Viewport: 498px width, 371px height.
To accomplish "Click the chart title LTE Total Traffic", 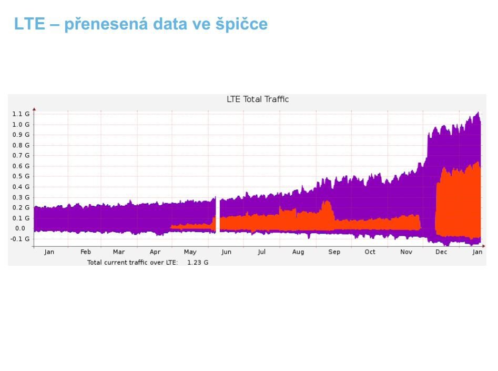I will point(258,99).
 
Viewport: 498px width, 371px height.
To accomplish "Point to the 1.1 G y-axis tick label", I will point(21,114).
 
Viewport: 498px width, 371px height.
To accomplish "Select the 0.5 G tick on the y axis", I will point(21,176).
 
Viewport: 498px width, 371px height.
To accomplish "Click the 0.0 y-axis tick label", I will point(20,228).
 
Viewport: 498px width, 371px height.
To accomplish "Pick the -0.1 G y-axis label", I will point(21,239).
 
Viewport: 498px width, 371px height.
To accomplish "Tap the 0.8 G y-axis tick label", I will point(21,145).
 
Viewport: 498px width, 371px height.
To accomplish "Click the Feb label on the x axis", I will point(86,252).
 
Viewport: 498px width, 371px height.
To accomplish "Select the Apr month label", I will point(155,252).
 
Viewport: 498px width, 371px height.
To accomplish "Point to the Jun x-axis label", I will point(226,252).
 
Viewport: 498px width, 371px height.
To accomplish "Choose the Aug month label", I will point(298,252).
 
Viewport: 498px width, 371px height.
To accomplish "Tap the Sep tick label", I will point(334,252).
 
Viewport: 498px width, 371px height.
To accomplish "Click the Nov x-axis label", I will point(406,252).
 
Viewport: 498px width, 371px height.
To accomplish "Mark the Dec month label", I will point(441,252).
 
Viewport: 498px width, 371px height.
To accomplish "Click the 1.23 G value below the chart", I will point(198,262).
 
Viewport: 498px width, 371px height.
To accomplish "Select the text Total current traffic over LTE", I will point(133,262).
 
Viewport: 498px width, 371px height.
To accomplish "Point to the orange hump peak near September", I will point(327,203).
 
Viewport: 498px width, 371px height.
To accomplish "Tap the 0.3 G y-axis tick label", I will point(21,197).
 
